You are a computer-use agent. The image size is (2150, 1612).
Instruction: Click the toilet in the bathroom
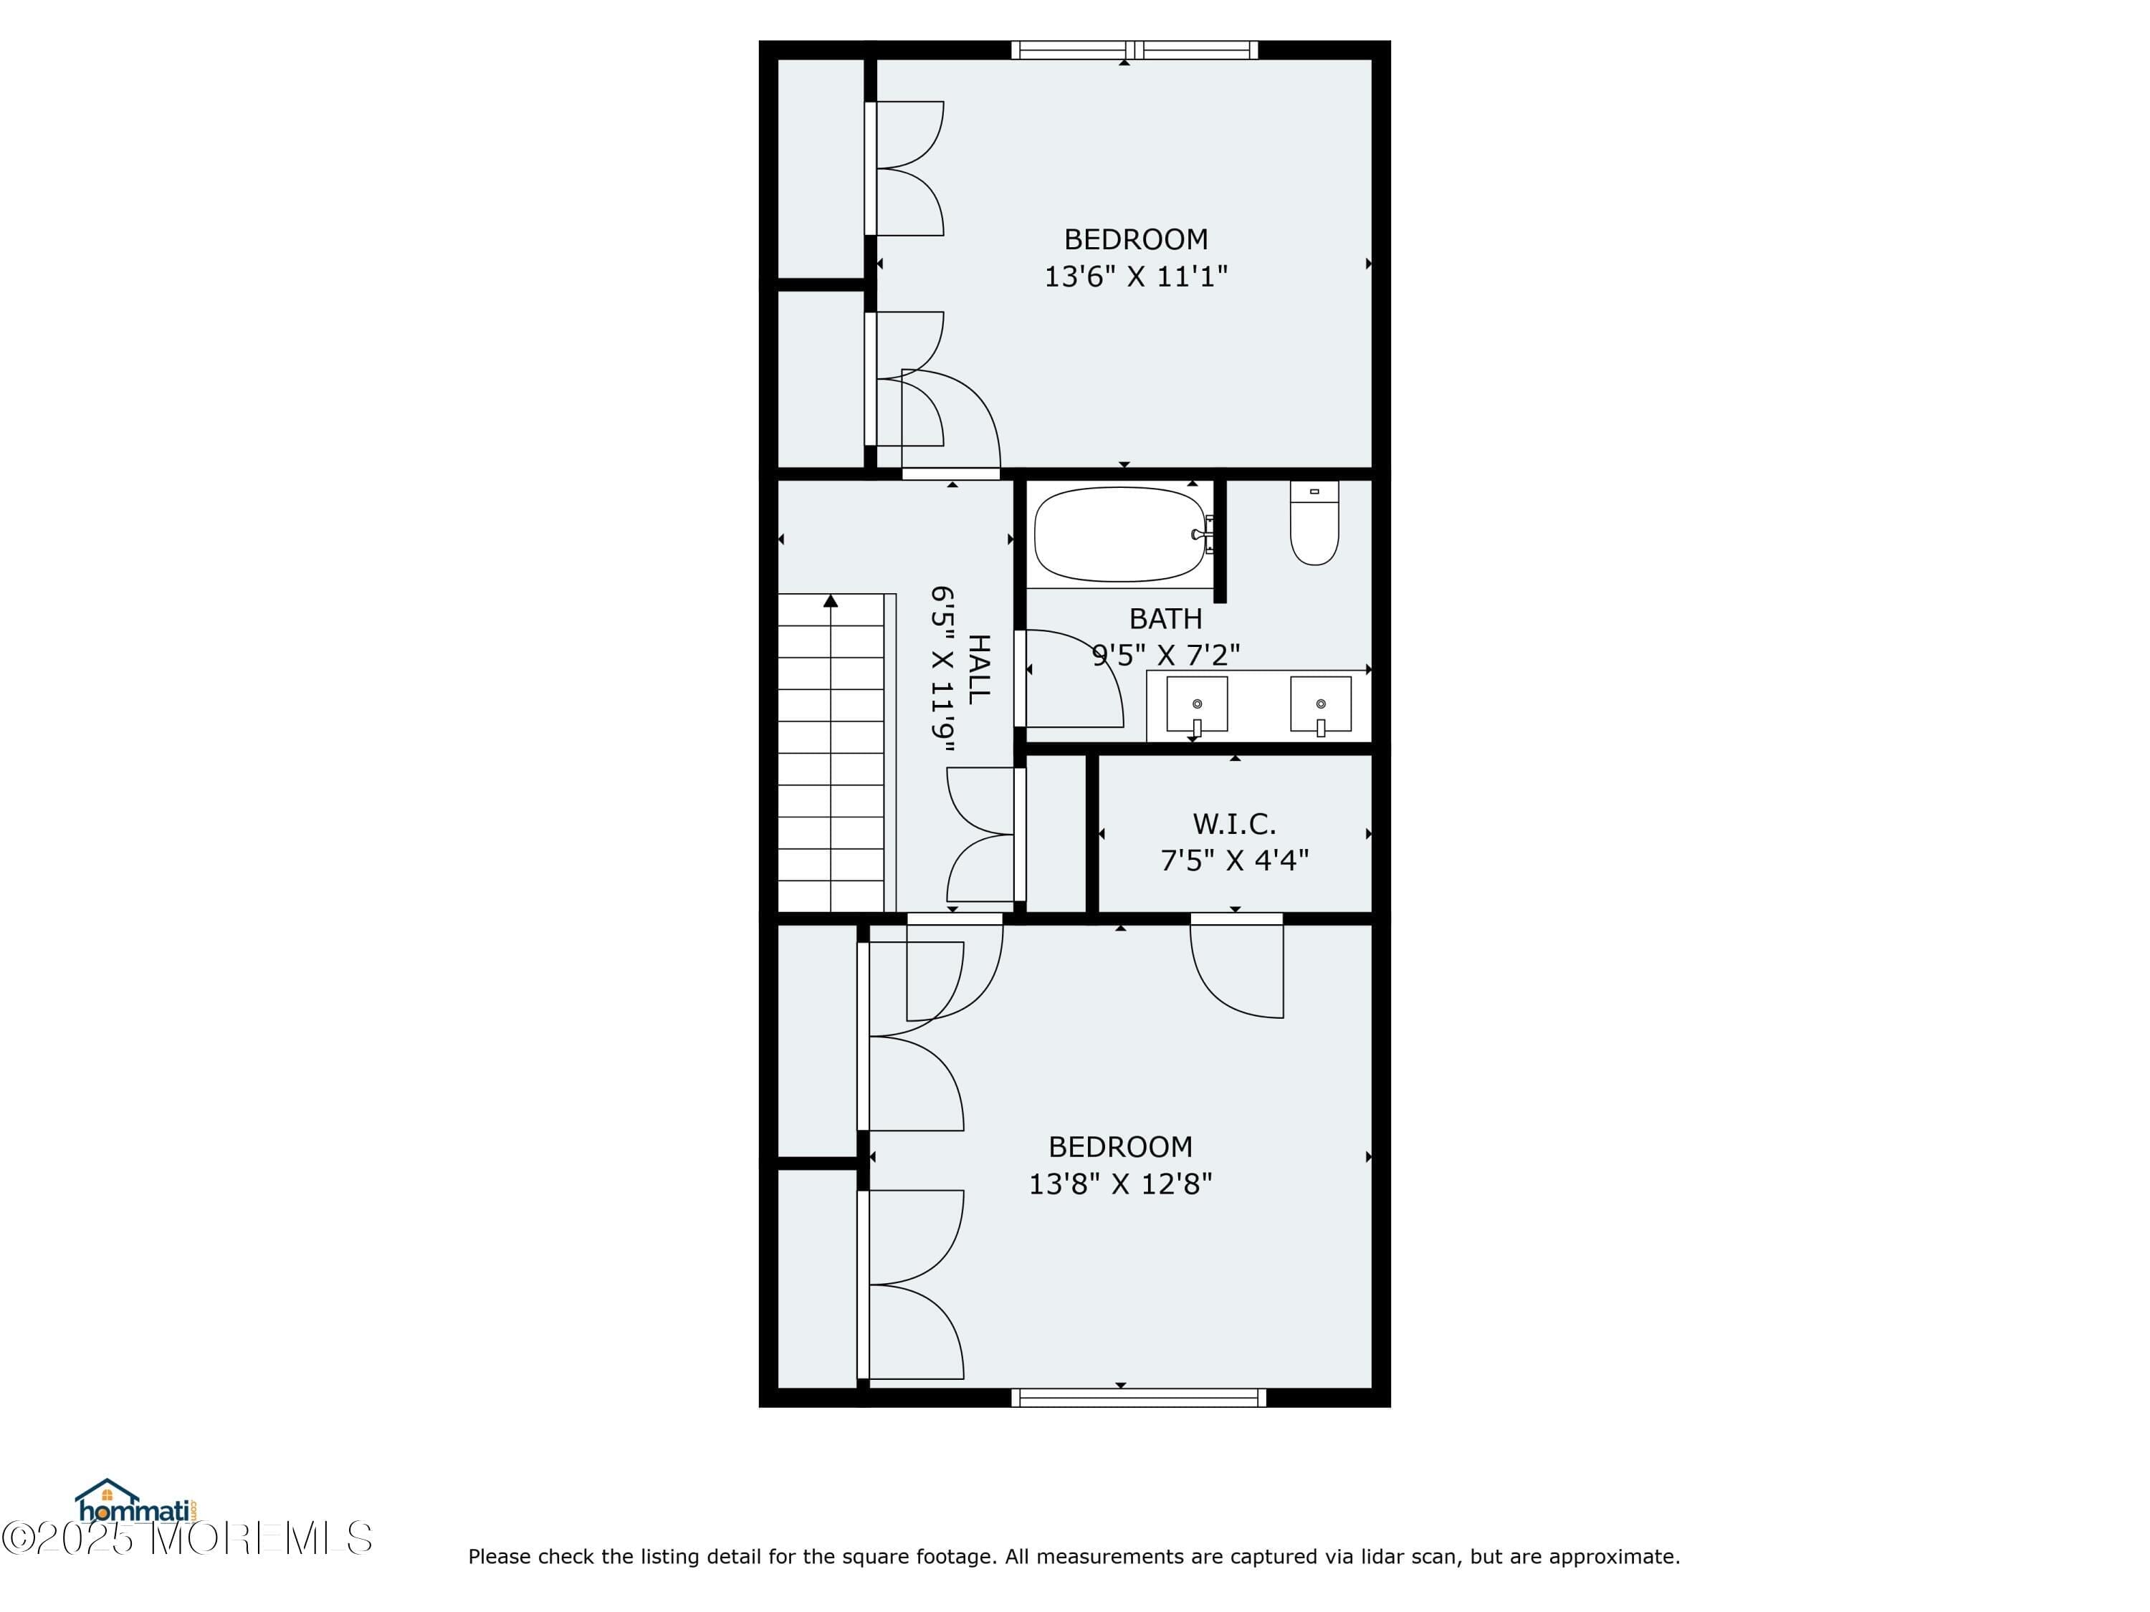[1314, 524]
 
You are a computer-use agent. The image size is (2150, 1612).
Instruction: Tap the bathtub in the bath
[1121, 534]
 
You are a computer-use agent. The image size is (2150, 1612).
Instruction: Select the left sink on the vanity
[1197, 704]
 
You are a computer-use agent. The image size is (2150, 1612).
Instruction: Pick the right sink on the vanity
[1320, 704]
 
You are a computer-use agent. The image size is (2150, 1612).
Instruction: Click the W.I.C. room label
[1233, 824]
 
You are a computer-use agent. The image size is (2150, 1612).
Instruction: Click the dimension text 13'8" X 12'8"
[1119, 1184]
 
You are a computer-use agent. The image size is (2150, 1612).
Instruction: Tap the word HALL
[979, 668]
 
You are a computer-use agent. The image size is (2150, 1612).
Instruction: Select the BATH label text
[1165, 619]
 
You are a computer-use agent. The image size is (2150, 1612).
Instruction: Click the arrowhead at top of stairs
[830, 602]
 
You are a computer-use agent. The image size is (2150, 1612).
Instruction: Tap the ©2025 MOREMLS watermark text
[186, 1538]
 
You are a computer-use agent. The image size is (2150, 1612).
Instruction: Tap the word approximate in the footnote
[1613, 1557]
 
